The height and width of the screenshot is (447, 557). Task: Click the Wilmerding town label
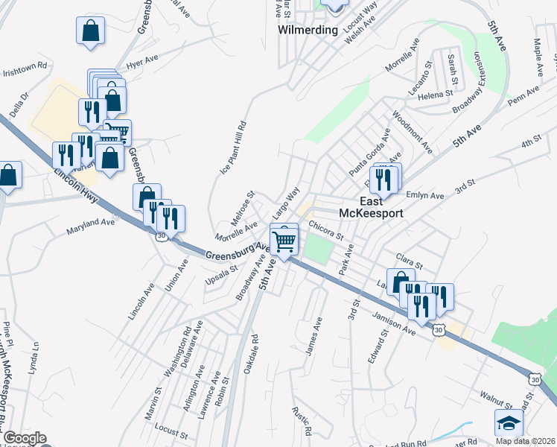(x=308, y=31)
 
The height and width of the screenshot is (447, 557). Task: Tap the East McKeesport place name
(x=371, y=207)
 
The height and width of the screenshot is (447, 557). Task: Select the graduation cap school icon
(x=509, y=423)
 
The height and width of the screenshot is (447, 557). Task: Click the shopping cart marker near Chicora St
(x=284, y=241)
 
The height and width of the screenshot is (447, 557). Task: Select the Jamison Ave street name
(x=394, y=321)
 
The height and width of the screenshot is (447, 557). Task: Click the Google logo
(x=24, y=438)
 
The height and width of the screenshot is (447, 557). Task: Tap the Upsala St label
(x=221, y=275)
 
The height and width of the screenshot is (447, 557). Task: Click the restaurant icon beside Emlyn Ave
(x=385, y=180)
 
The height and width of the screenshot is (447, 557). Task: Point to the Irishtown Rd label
(x=25, y=73)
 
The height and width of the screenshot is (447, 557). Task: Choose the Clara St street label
(x=409, y=264)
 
